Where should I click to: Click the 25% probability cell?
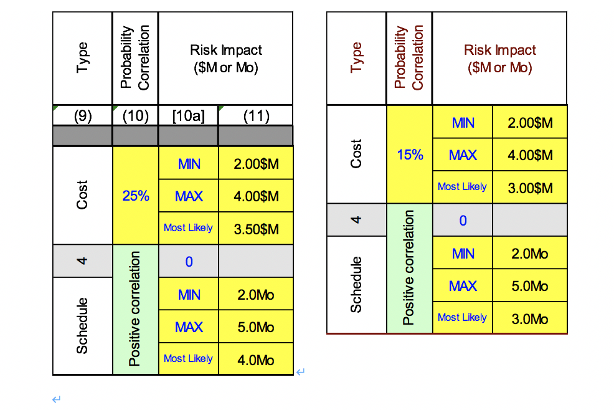click(x=136, y=196)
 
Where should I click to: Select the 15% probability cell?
click(x=410, y=155)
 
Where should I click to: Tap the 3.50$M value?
click(x=255, y=229)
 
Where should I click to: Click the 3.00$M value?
click(x=530, y=188)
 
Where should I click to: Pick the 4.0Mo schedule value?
click(x=255, y=360)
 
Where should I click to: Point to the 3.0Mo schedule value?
click(x=530, y=318)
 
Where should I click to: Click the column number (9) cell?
click(x=83, y=116)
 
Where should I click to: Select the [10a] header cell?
click(x=188, y=116)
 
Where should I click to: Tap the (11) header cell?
click(x=255, y=116)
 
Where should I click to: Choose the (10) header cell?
click(x=136, y=116)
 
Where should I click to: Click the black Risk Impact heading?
click(x=225, y=59)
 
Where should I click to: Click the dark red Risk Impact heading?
click(x=499, y=59)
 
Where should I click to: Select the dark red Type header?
click(x=356, y=57)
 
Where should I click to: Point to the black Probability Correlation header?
click(x=135, y=58)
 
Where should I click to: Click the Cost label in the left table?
click(x=83, y=195)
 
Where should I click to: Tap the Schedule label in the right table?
click(x=356, y=284)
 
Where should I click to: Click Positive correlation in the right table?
click(x=409, y=268)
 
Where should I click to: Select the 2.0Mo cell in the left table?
click(x=255, y=294)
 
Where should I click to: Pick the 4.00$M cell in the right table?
click(x=530, y=155)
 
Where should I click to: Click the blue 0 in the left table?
click(x=189, y=262)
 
